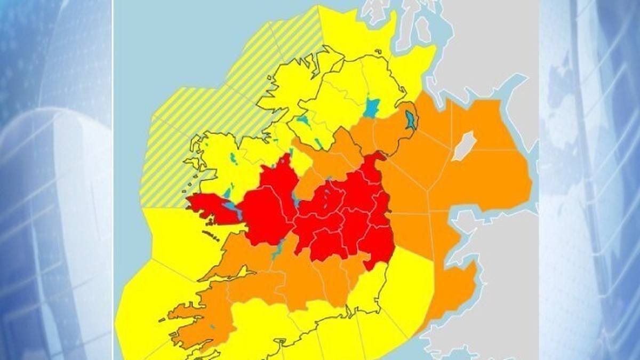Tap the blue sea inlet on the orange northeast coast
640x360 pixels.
coord(411,119)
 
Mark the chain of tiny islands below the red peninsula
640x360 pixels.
coord(210,235)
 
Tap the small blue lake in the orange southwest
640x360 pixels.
coord(212,326)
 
